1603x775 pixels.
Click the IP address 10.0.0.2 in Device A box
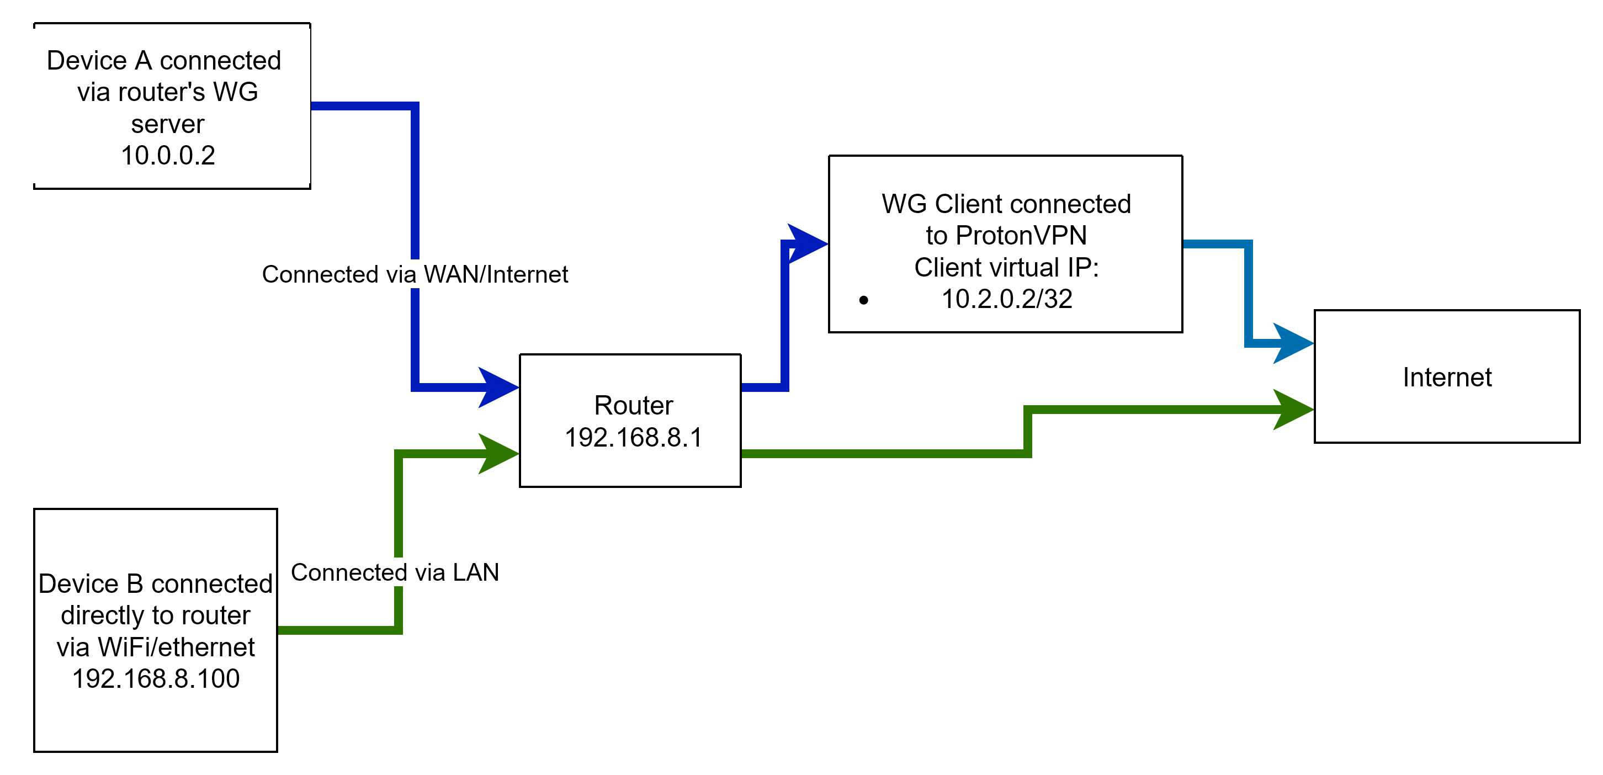[168, 156]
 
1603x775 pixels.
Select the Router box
[632, 420]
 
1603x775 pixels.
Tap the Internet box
[1447, 376]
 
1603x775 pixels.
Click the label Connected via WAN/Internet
[415, 274]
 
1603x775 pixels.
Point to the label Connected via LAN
[395, 572]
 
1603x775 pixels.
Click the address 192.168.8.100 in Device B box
[156, 678]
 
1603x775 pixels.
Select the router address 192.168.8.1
[634, 438]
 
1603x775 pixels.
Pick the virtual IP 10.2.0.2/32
[1007, 299]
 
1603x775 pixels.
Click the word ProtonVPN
[1021, 236]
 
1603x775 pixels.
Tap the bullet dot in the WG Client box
[863, 301]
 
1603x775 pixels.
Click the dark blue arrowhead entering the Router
[498, 387]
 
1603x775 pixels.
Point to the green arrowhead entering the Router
[498, 454]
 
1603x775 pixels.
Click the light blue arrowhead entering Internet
[1292, 343]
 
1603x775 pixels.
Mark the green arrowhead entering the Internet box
[1292, 410]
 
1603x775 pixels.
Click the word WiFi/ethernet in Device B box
[176, 647]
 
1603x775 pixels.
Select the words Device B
[92, 584]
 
